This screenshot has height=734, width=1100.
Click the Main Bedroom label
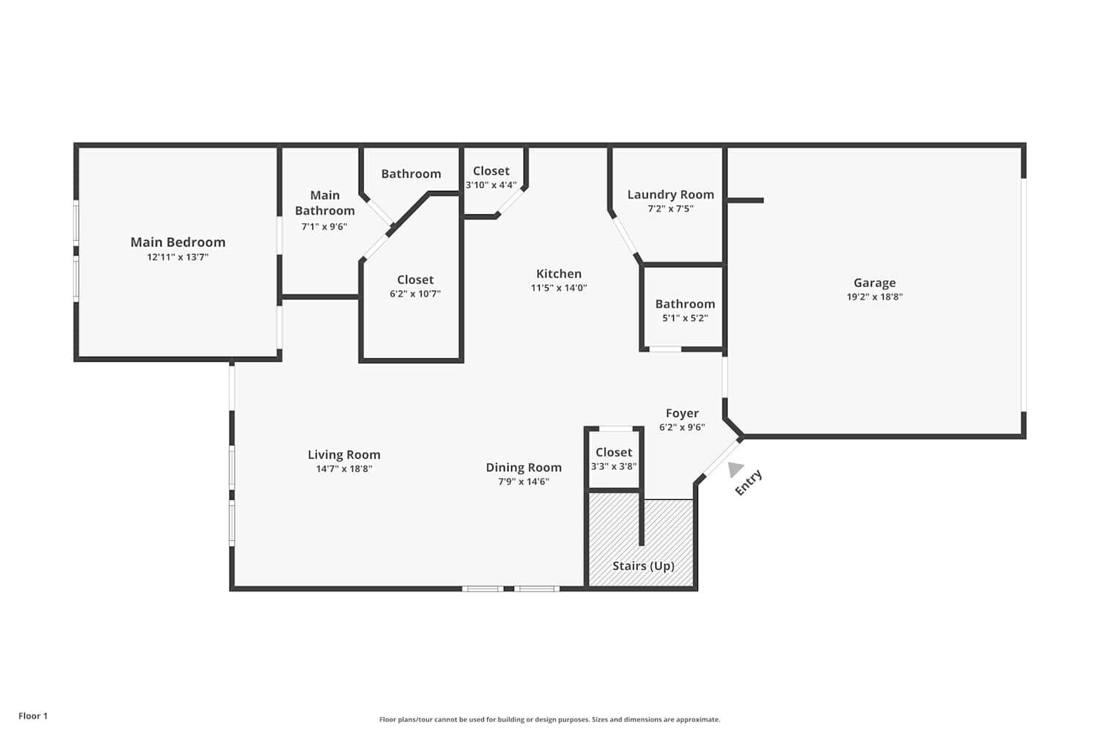point(177,242)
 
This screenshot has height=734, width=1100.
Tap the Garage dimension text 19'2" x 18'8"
point(874,297)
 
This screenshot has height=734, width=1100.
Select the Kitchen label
point(558,274)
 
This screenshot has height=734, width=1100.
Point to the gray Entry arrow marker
point(735,469)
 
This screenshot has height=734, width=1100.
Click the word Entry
point(749,483)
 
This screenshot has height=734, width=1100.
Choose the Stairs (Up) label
point(643,566)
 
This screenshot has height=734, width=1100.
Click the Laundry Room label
point(670,195)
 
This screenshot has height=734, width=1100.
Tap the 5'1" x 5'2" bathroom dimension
point(685,319)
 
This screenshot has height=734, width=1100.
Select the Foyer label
point(682,413)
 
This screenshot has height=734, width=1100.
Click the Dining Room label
point(524,468)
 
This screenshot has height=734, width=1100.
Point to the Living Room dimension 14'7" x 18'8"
point(344,469)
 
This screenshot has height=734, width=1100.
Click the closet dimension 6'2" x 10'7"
point(415,294)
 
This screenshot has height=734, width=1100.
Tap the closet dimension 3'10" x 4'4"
point(491,185)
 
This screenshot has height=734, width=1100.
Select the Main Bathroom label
point(325,203)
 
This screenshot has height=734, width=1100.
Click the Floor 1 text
point(33,716)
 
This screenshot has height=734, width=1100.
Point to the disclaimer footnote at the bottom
point(549,720)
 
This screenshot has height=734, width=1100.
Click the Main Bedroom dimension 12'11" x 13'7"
point(177,258)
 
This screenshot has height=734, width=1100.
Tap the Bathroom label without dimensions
point(411,174)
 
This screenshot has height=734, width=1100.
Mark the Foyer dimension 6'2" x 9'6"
point(682,427)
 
